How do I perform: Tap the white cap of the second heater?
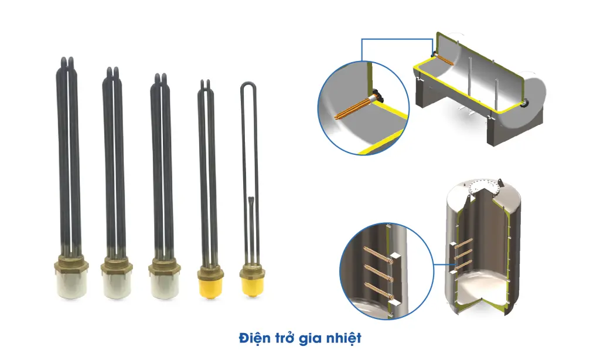tap(117, 284)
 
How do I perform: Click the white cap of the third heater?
tap(164, 284)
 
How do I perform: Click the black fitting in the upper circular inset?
tap(378, 94)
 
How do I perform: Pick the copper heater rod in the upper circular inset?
tap(353, 108)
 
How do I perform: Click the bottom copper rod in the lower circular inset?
tap(378, 291)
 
